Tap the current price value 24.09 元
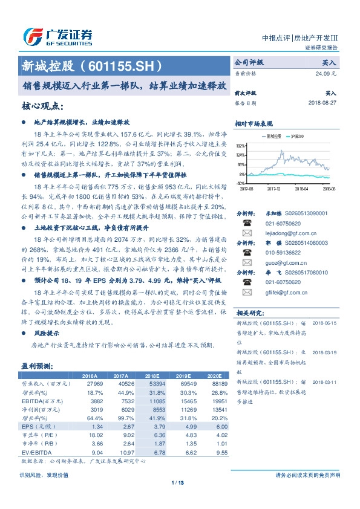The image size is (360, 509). (x=327, y=73)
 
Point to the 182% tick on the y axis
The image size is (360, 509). (x=241, y=146)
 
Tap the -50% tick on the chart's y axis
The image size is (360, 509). (x=241, y=183)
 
